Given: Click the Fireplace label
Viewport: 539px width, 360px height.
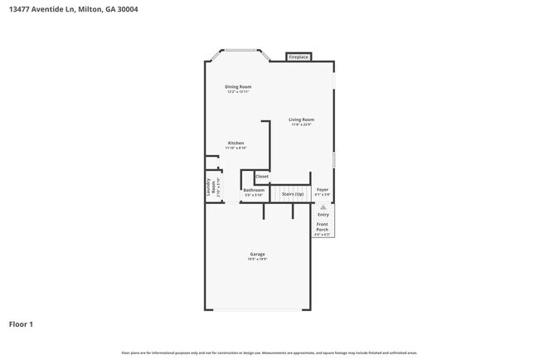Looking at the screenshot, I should click(x=299, y=57).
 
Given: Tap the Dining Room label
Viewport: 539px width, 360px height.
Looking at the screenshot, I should click(x=238, y=86).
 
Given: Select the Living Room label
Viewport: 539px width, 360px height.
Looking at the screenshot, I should click(x=301, y=119).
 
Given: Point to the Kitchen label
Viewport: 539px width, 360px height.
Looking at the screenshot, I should click(x=236, y=143).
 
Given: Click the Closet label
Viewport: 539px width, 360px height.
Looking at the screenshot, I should click(x=261, y=176).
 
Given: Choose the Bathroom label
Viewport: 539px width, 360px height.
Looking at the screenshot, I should click(x=254, y=190).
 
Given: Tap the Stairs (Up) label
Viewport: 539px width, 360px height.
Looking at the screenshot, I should click(x=292, y=193).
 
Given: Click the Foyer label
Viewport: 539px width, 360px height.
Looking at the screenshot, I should click(x=323, y=190).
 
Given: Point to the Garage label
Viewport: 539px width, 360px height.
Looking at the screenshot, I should click(x=257, y=254).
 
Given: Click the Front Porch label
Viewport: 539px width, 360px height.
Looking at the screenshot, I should click(x=323, y=226).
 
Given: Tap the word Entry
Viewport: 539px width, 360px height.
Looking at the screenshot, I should click(x=323, y=215).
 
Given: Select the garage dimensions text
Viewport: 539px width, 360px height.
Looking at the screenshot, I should click(x=257, y=260).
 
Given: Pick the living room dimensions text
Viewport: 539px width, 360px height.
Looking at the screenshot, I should click(x=301, y=125).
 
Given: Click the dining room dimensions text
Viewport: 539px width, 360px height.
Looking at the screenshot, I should click(x=238, y=92).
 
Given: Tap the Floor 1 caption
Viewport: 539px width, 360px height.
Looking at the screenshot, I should click(x=22, y=324).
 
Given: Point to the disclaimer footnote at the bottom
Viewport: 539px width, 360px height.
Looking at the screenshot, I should click(x=269, y=353).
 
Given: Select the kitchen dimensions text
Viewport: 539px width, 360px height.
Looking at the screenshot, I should click(x=236, y=148).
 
